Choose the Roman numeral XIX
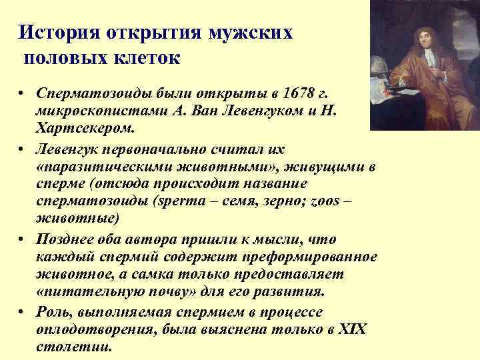pos(353,329)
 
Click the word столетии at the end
pos(73,347)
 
